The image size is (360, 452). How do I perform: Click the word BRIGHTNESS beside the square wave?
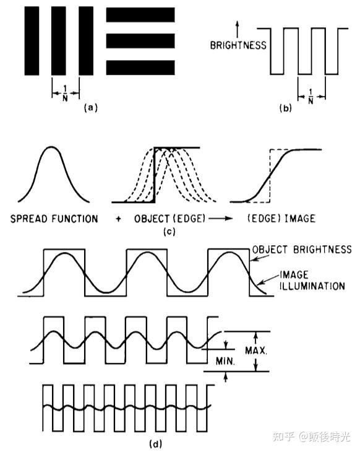point(238,45)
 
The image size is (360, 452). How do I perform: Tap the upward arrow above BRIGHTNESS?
point(238,29)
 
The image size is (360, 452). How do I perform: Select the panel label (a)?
point(91,108)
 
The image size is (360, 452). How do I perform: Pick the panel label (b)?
point(285,108)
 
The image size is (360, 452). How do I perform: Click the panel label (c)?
point(169,232)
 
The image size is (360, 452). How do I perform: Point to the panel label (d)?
point(155,444)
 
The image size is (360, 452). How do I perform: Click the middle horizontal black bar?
point(140,41)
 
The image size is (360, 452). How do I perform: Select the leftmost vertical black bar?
point(32,41)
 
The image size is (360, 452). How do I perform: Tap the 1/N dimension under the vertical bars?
point(66,93)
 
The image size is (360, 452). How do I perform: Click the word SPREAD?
point(29,219)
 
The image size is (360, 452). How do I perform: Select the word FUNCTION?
point(75,219)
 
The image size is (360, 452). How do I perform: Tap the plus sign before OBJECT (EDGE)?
point(118,219)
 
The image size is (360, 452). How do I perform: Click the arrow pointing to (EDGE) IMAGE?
point(221,219)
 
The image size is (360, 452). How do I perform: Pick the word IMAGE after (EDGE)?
point(300,218)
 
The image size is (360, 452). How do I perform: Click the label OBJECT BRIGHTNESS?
point(302,250)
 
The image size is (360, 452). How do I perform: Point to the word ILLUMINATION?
point(312,286)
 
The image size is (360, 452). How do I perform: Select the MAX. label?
point(256,350)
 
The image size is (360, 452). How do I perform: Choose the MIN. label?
point(225,361)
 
